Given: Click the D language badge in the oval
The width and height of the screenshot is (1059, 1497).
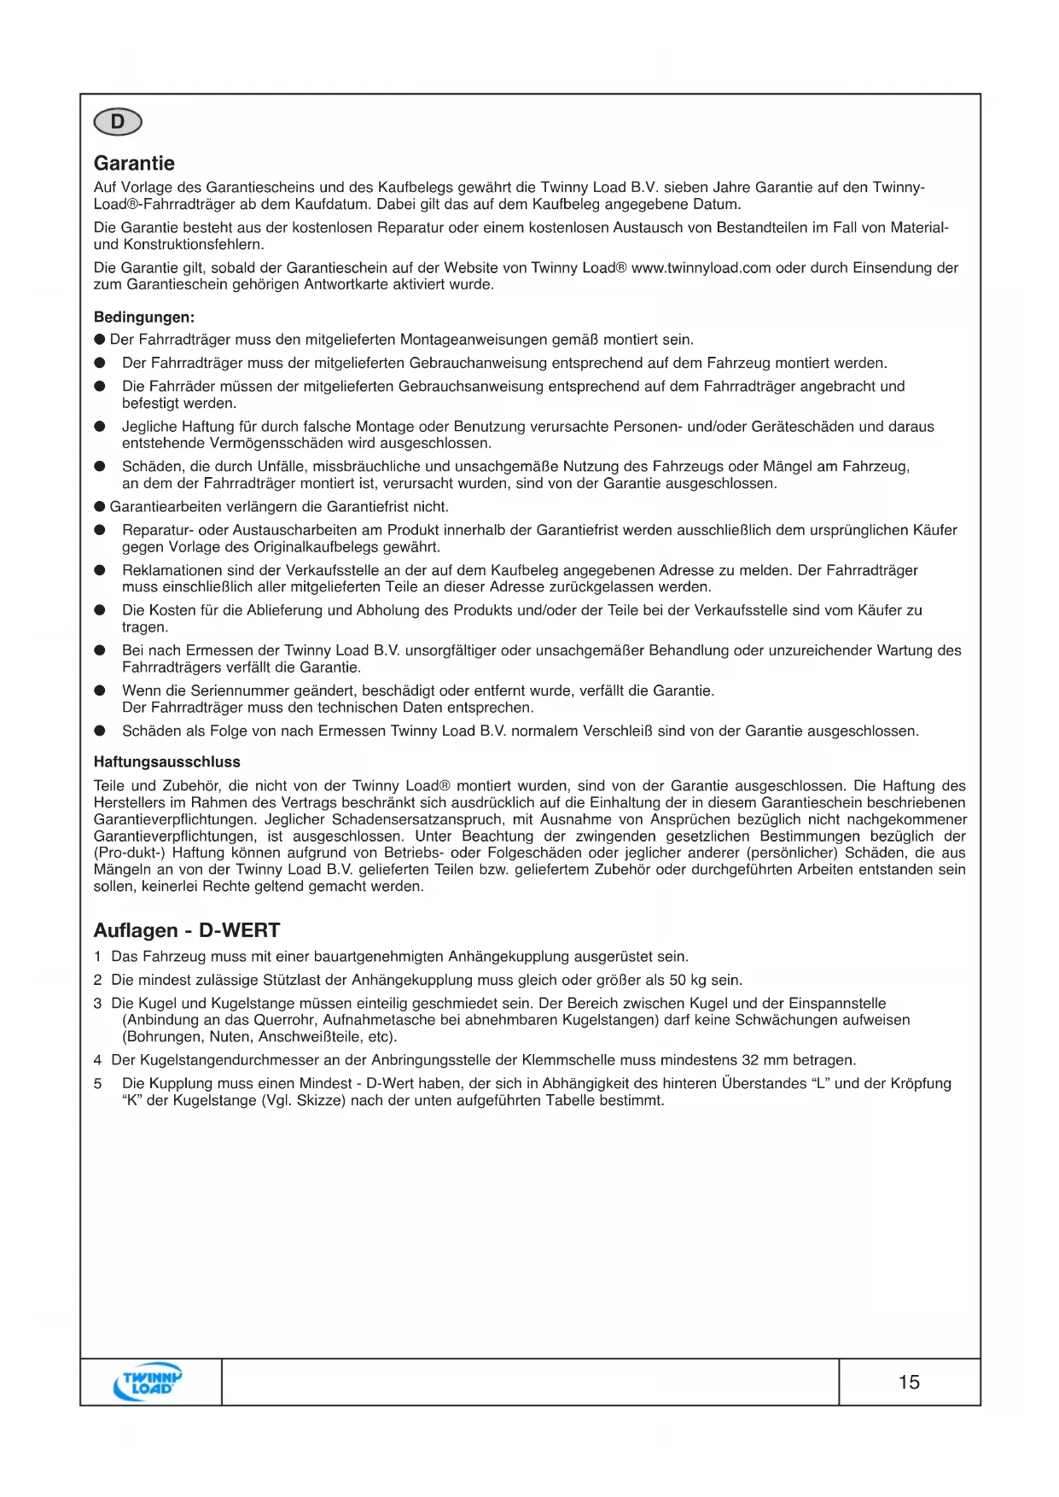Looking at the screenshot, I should click(118, 122).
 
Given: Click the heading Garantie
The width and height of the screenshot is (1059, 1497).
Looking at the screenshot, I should click(134, 163).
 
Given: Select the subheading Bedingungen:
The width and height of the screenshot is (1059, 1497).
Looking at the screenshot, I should click(144, 317).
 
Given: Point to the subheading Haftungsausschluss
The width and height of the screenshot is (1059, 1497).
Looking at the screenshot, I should click(167, 762).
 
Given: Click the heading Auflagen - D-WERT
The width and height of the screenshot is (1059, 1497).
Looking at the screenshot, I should click(187, 930).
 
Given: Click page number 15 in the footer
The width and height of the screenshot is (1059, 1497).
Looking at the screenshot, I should click(909, 1382).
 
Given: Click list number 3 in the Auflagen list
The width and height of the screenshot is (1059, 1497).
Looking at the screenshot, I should click(98, 1004).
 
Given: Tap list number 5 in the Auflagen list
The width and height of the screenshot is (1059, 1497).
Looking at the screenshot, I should click(98, 1084).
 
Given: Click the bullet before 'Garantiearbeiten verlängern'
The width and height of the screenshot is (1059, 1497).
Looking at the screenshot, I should click(100, 507).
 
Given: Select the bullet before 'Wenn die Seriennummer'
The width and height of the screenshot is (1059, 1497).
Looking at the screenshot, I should click(100, 690).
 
